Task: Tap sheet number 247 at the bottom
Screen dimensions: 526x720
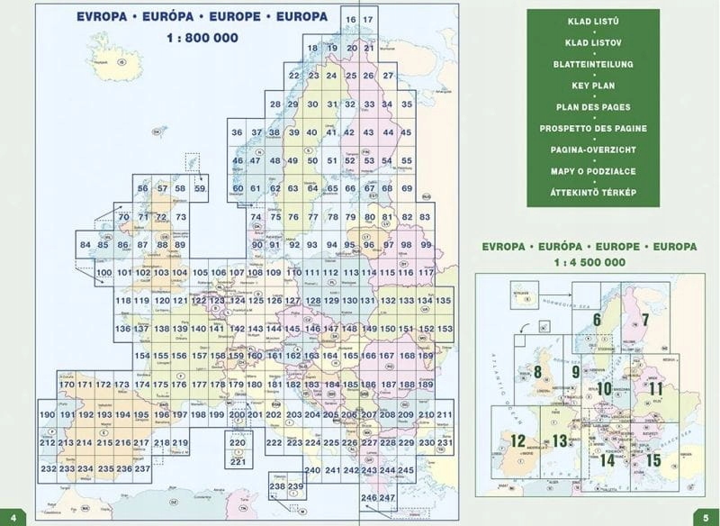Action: (x=388, y=497)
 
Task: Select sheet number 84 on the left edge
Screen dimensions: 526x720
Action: (x=85, y=245)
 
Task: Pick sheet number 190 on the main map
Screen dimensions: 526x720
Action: (x=48, y=414)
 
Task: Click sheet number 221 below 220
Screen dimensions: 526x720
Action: (x=238, y=462)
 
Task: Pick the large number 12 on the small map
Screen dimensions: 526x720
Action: (x=518, y=440)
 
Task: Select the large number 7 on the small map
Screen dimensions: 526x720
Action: (x=644, y=319)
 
